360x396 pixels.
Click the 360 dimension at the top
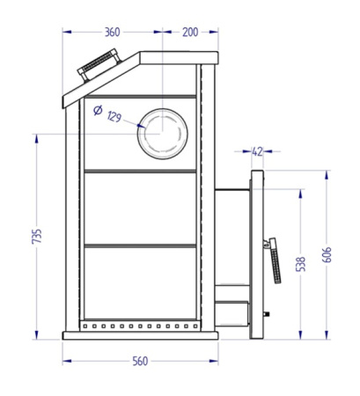[x=112, y=33]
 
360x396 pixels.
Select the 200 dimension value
[x=189, y=33]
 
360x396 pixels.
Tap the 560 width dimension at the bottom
[x=140, y=362]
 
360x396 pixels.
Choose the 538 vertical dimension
[x=302, y=262]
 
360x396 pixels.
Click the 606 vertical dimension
[x=327, y=254]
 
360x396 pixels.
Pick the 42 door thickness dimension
[x=257, y=151]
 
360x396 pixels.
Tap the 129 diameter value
[x=114, y=116]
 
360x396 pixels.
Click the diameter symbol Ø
[x=97, y=110]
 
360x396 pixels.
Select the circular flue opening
[x=164, y=134]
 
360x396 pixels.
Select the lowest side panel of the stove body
[x=139, y=282]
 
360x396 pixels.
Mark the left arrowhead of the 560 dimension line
[x=66, y=361]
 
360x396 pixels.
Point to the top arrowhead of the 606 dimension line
[x=327, y=172]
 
